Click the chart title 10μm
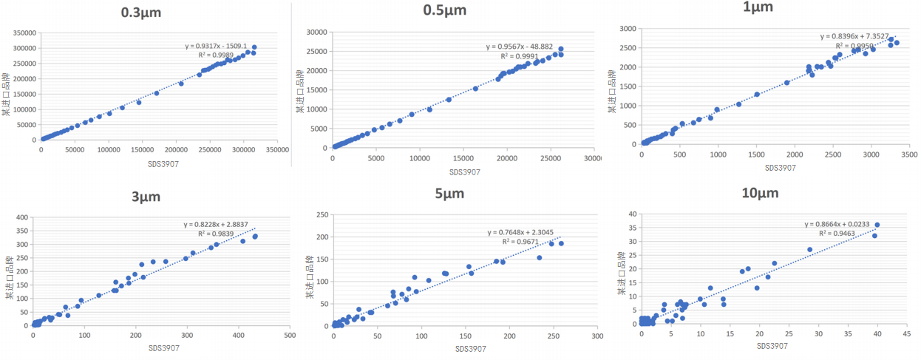click(760, 194)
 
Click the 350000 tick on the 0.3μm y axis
click(24, 33)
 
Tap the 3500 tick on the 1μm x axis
click(909, 154)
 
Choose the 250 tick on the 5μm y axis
click(324, 215)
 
